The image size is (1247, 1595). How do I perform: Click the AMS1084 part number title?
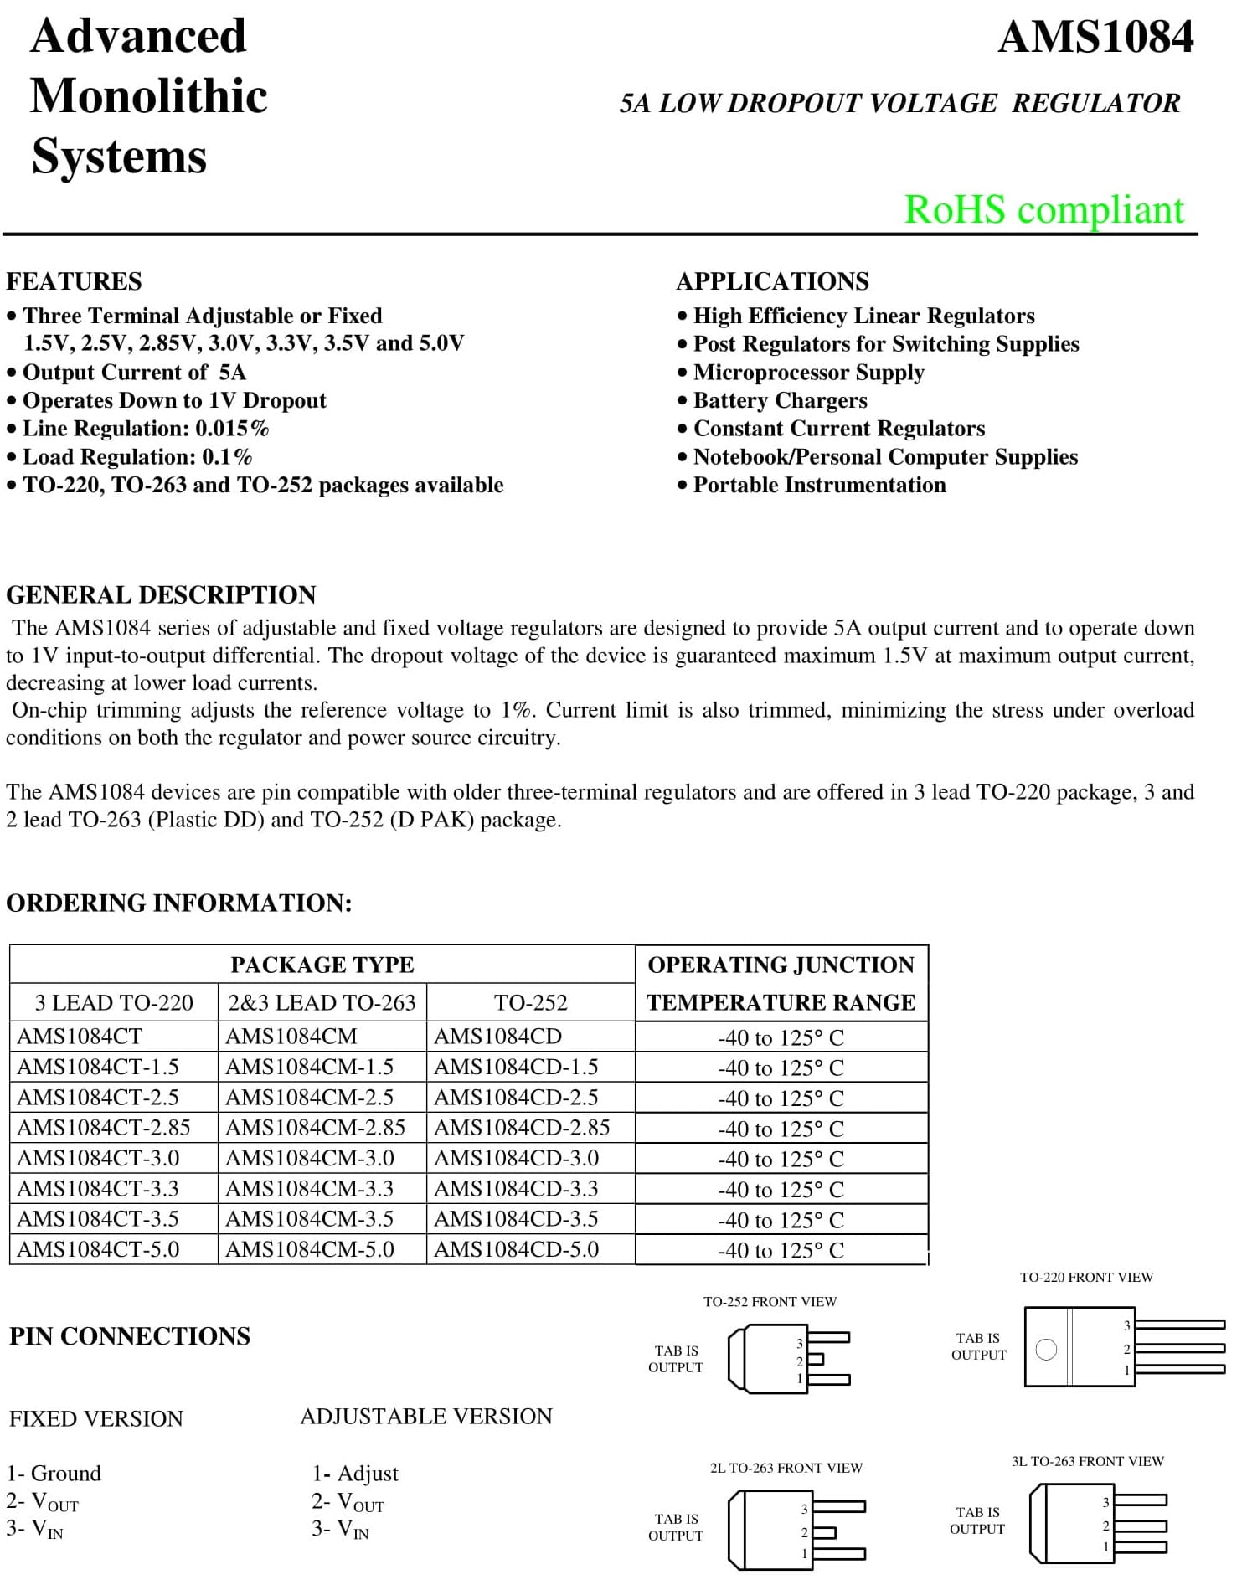point(1095,38)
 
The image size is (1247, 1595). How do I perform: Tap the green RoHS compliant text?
point(1043,209)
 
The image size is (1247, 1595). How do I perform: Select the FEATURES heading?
point(74,281)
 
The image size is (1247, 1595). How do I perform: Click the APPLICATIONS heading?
point(772,281)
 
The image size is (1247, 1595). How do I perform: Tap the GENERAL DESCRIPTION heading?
point(161,595)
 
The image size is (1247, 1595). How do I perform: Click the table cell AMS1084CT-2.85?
point(104,1128)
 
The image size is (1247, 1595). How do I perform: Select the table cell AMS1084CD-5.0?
point(516,1250)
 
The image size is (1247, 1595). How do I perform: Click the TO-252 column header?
point(530,1003)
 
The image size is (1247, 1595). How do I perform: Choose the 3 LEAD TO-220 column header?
point(114,1003)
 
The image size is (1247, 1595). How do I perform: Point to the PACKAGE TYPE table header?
point(322,965)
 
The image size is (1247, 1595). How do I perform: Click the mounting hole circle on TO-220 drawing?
point(1046,1350)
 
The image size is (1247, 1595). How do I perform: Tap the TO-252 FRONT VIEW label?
point(770,1302)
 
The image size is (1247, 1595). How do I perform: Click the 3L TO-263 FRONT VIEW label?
point(1087,1461)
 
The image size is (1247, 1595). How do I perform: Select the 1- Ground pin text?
point(54,1474)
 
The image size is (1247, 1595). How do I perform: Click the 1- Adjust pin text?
point(355,1474)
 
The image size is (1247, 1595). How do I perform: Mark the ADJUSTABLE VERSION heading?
point(426,1417)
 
